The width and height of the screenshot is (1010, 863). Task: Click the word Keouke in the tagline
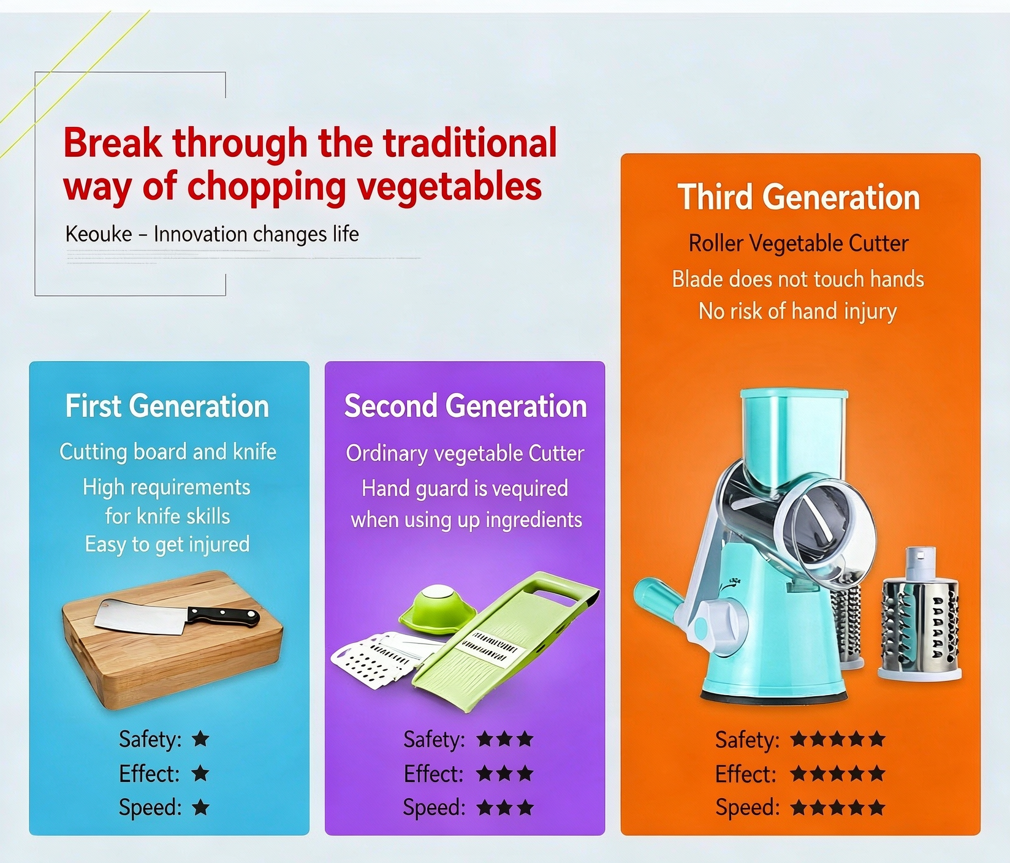[x=99, y=234]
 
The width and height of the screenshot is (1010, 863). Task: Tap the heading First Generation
[x=167, y=406]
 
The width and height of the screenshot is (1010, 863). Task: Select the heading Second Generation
[x=466, y=406]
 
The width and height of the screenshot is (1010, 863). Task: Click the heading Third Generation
[x=799, y=197]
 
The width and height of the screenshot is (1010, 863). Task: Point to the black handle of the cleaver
[x=224, y=615]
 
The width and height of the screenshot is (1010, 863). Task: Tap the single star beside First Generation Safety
[x=200, y=739]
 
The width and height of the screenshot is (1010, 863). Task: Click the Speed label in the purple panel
[x=434, y=807]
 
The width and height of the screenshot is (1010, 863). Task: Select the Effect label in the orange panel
[x=745, y=774]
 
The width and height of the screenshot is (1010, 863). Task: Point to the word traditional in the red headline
[x=470, y=143]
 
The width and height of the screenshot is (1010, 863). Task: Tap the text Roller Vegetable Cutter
[x=799, y=243]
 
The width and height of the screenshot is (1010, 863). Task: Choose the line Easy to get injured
[x=167, y=544]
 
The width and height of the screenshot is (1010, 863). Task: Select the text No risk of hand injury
[x=798, y=311]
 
